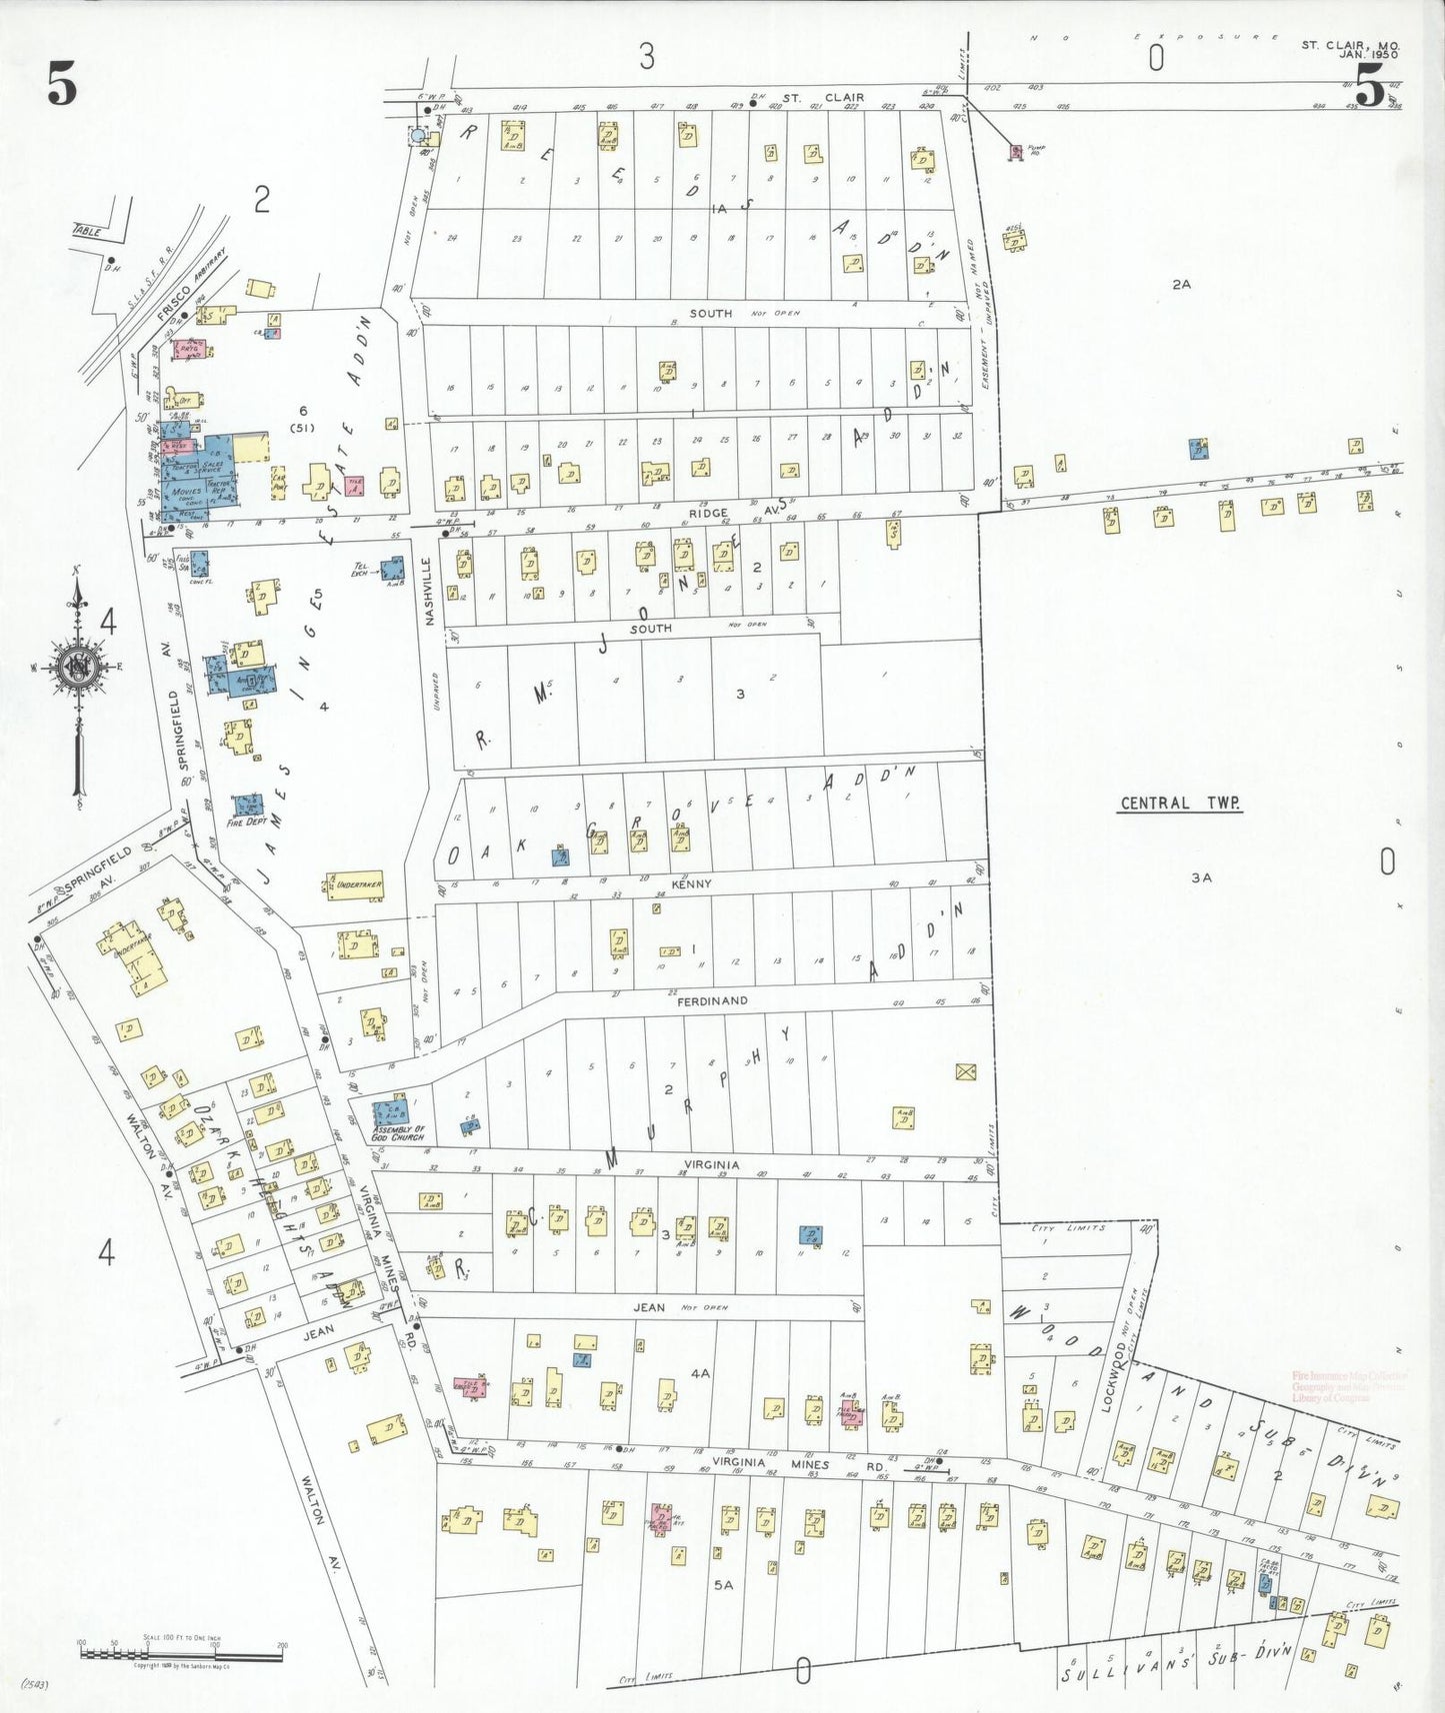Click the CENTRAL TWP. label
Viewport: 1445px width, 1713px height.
click(x=1180, y=804)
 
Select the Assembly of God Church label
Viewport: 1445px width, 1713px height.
click(x=398, y=1132)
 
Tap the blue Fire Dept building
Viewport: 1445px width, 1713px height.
click(x=247, y=805)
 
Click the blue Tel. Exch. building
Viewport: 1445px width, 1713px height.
click(x=392, y=570)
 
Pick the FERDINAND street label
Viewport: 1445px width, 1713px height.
click(x=712, y=1000)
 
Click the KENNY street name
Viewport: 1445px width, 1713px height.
click(x=691, y=884)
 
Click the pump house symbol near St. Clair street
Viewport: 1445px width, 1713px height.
click(x=1016, y=152)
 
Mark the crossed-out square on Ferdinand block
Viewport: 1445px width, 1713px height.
click(x=965, y=1072)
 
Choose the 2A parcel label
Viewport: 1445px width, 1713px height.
click(x=1181, y=285)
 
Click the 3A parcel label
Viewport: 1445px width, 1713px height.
click(x=1201, y=877)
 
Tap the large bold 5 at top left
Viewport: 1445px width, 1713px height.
click(x=61, y=85)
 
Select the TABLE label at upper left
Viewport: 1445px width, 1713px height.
click(x=88, y=231)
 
